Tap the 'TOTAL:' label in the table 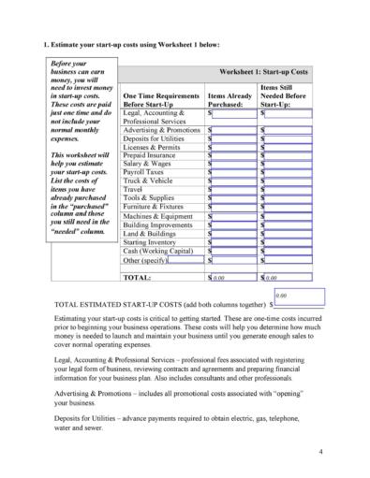point(138,278)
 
